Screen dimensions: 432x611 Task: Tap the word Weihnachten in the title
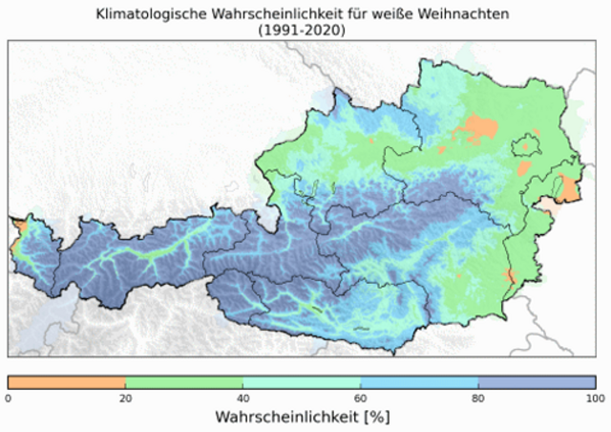click(468, 14)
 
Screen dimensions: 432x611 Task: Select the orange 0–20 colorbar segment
click(67, 382)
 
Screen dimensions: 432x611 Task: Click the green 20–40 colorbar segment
click(184, 382)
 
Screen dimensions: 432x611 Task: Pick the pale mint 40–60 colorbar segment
click(302, 382)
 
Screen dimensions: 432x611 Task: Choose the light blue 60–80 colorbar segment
click(419, 382)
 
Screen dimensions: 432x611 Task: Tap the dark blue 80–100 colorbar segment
click(537, 382)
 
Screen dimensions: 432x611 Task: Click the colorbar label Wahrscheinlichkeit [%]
click(302, 418)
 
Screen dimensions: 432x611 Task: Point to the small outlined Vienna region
click(526, 145)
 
